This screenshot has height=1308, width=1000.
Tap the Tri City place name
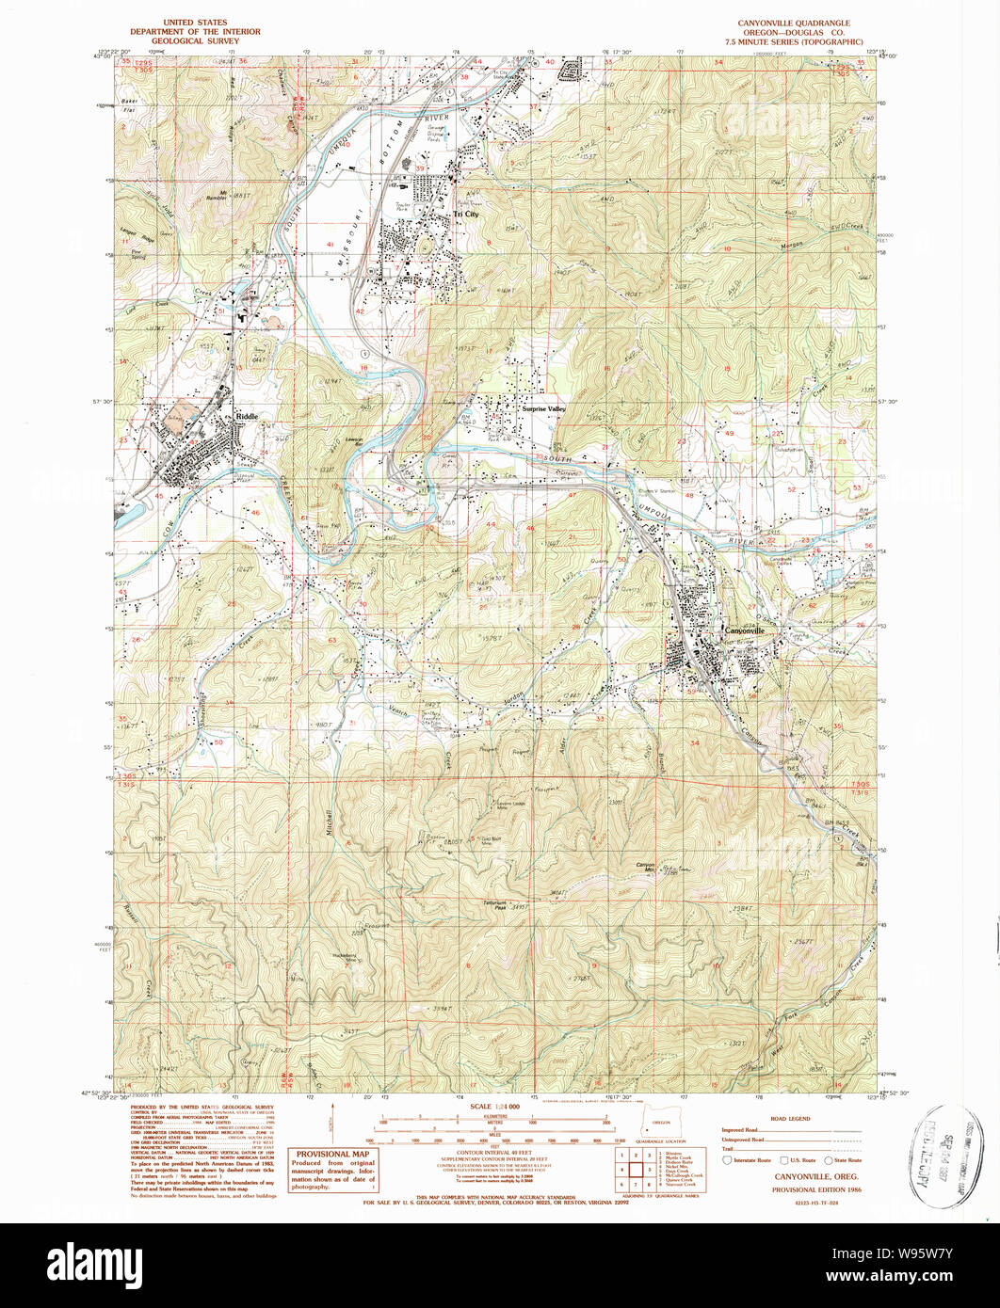pyautogui.click(x=465, y=215)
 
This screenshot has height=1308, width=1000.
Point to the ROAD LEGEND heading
pyautogui.click(x=790, y=1120)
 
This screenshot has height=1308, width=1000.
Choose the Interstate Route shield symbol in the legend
pyautogui.click(x=726, y=1160)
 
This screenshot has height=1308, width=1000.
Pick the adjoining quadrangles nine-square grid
pyautogui.click(x=636, y=1168)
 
